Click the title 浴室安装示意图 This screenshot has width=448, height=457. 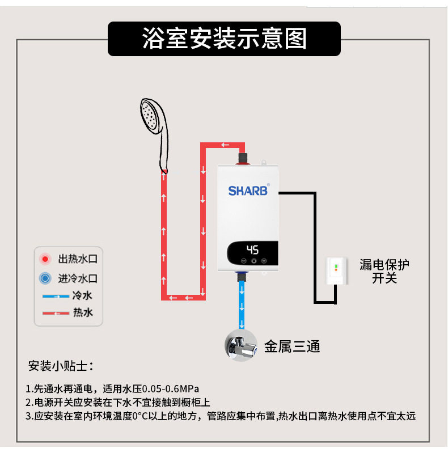[x=224, y=39]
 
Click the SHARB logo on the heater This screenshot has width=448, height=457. [x=247, y=191]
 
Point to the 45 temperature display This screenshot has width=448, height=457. [x=253, y=249]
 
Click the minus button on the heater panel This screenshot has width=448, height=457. [x=244, y=261]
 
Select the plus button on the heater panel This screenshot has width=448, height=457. [x=264, y=261]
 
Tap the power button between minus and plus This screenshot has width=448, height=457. [x=253, y=261]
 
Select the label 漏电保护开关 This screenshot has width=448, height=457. [x=384, y=272]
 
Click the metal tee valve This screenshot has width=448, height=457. [x=241, y=344]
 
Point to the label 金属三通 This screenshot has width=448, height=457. [x=292, y=346]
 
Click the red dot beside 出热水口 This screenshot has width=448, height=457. [x=45, y=260]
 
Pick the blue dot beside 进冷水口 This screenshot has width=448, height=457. [x=45, y=278]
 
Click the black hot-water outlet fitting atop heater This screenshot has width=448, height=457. [x=243, y=156]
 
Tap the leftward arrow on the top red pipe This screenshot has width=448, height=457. [x=225, y=145]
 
